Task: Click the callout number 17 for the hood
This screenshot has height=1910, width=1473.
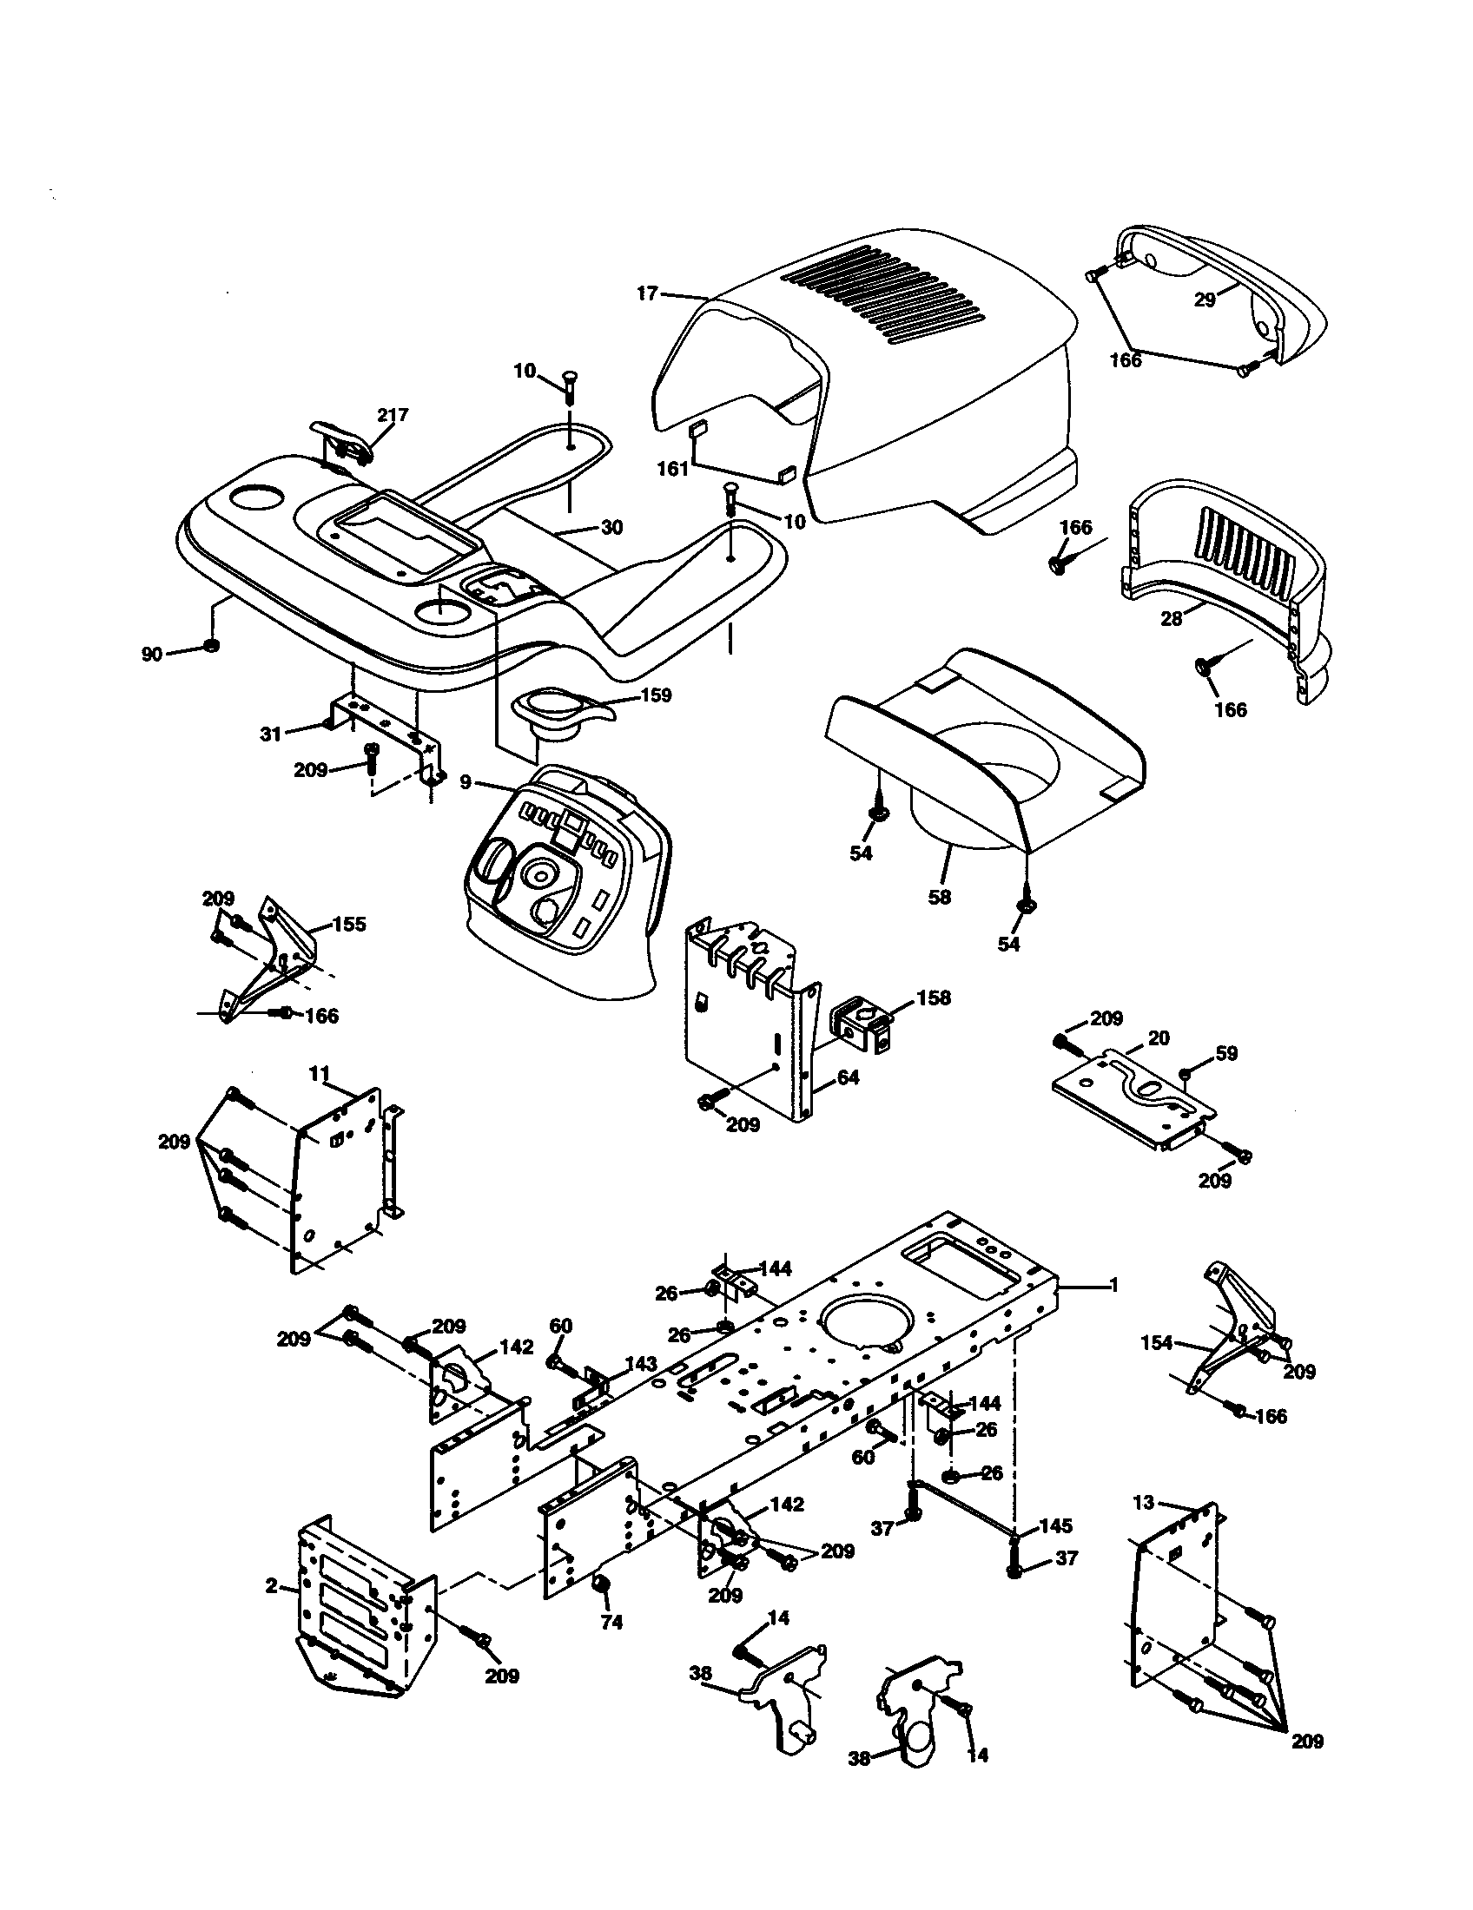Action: coord(645,293)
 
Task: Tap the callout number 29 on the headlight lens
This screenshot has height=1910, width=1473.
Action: coord(1205,300)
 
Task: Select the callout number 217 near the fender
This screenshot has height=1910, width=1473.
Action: coord(392,415)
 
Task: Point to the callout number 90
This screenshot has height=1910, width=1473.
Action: coord(152,654)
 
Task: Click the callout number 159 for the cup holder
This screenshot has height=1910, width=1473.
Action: coord(656,695)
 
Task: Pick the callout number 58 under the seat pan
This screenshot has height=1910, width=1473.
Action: coord(939,898)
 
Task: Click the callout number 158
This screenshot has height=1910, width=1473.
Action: coord(933,998)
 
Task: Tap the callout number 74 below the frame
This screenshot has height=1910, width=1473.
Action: coord(611,1623)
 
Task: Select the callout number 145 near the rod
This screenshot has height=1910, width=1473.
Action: coord(1054,1527)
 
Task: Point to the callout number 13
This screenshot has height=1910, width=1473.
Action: coord(1144,1504)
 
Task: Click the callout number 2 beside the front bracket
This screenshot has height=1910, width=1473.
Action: coord(272,1585)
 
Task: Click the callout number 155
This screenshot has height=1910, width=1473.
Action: coord(349,925)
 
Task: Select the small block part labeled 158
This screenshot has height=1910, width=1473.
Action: coord(861,1022)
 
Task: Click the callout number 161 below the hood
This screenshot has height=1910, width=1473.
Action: coord(672,470)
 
